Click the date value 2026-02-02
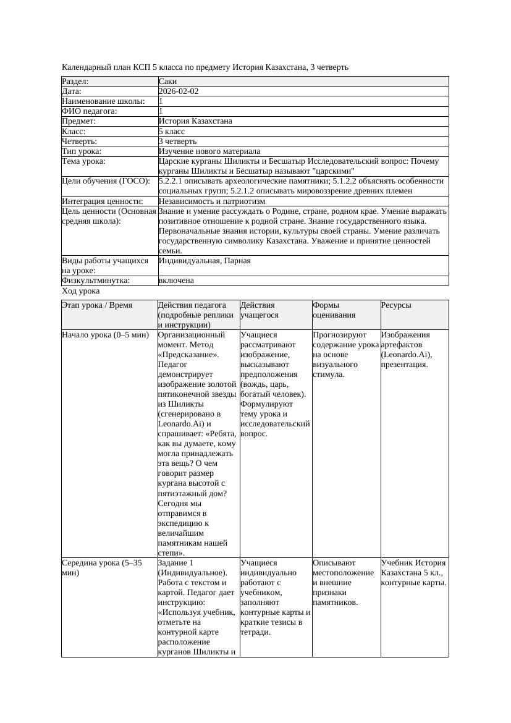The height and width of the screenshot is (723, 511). tap(179, 91)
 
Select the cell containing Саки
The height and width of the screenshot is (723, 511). tap(167, 81)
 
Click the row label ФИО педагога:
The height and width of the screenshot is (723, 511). tap(90, 111)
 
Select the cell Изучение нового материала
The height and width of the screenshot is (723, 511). tap(209, 151)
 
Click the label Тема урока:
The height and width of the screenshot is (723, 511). tap(84, 161)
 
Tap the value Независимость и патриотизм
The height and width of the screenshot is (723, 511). tap(212, 201)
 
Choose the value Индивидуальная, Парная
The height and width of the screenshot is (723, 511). tap(205, 261)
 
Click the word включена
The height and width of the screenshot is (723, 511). tap(176, 281)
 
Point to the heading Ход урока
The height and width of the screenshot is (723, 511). tap(81, 290)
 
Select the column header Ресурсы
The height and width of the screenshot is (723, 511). tap(396, 305)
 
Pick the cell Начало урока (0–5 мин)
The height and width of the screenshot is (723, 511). tap(106, 335)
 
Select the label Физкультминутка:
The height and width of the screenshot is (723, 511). tap(96, 281)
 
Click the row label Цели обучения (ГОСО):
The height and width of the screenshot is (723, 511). tap(106, 181)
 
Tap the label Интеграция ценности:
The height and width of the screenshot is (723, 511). tap(103, 201)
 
